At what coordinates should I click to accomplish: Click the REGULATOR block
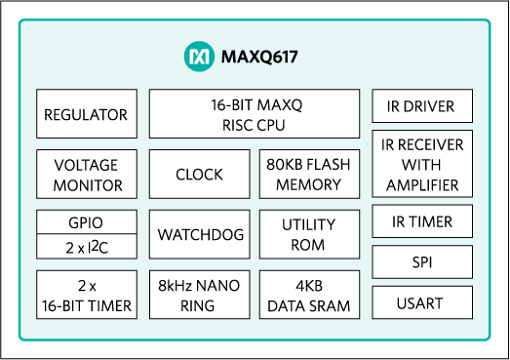[x=86, y=114]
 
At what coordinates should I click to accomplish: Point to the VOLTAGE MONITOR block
[x=86, y=175]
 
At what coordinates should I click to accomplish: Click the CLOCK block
[x=199, y=175]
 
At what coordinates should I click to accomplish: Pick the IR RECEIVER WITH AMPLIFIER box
[x=422, y=164]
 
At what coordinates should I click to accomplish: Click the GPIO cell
[x=86, y=221]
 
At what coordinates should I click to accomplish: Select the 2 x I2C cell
[x=86, y=246]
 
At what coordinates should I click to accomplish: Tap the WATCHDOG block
[x=199, y=235]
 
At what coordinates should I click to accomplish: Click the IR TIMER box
[x=422, y=221]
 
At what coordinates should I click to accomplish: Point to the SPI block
[x=422, y=262]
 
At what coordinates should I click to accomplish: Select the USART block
[x=422, y=303]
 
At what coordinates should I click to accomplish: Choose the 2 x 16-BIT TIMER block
[x=86, y=296]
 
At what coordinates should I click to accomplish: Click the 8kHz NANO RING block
[x=199, y=296]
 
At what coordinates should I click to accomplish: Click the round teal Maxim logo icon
[x=198, y=57]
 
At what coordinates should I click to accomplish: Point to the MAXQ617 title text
[x=258, y=57]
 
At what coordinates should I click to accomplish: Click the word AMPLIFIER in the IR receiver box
[x=422, y=184]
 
